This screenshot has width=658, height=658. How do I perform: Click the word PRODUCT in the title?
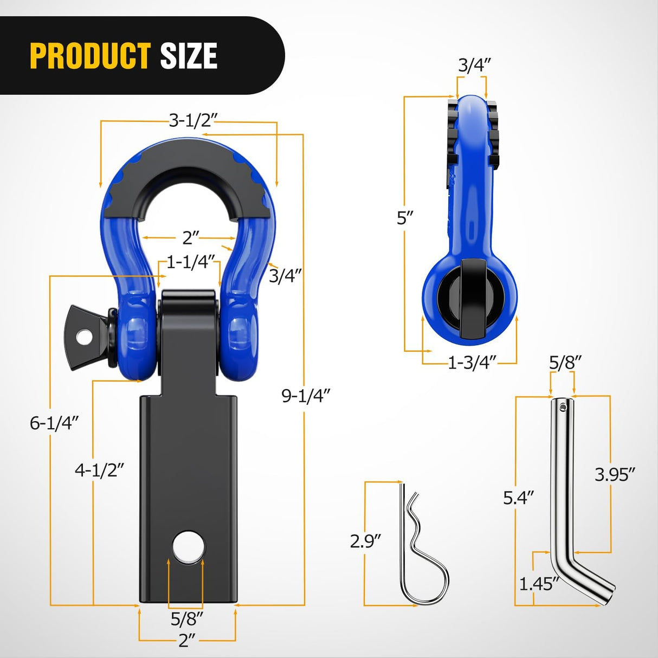click(90, 56)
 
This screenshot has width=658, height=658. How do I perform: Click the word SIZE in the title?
click(189, 56)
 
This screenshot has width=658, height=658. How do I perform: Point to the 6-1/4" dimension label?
click(54, 422)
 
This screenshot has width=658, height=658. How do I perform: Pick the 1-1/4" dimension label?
click(191, 262)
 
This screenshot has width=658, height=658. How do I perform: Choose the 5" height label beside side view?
click(405, 218)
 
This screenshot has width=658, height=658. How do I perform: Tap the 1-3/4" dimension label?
click(472, 363)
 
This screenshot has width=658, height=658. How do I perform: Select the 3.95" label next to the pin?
click(614, 474)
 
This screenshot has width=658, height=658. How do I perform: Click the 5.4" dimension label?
click(518, 497)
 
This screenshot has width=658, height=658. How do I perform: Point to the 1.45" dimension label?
click(539, 584)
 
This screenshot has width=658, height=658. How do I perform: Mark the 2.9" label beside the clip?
click(365, 540)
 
